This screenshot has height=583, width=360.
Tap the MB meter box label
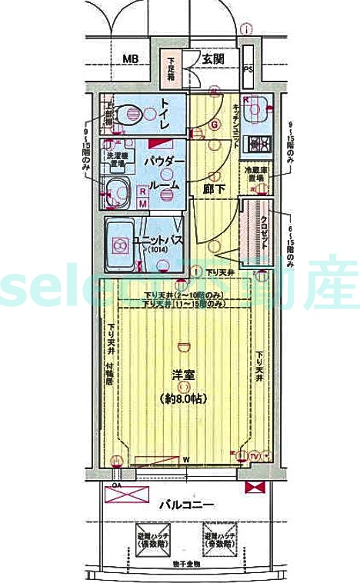132,58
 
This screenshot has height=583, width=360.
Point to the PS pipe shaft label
248,68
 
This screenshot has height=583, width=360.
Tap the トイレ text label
167,116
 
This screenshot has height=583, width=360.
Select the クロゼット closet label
264,228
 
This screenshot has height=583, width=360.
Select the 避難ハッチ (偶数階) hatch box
146,540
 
